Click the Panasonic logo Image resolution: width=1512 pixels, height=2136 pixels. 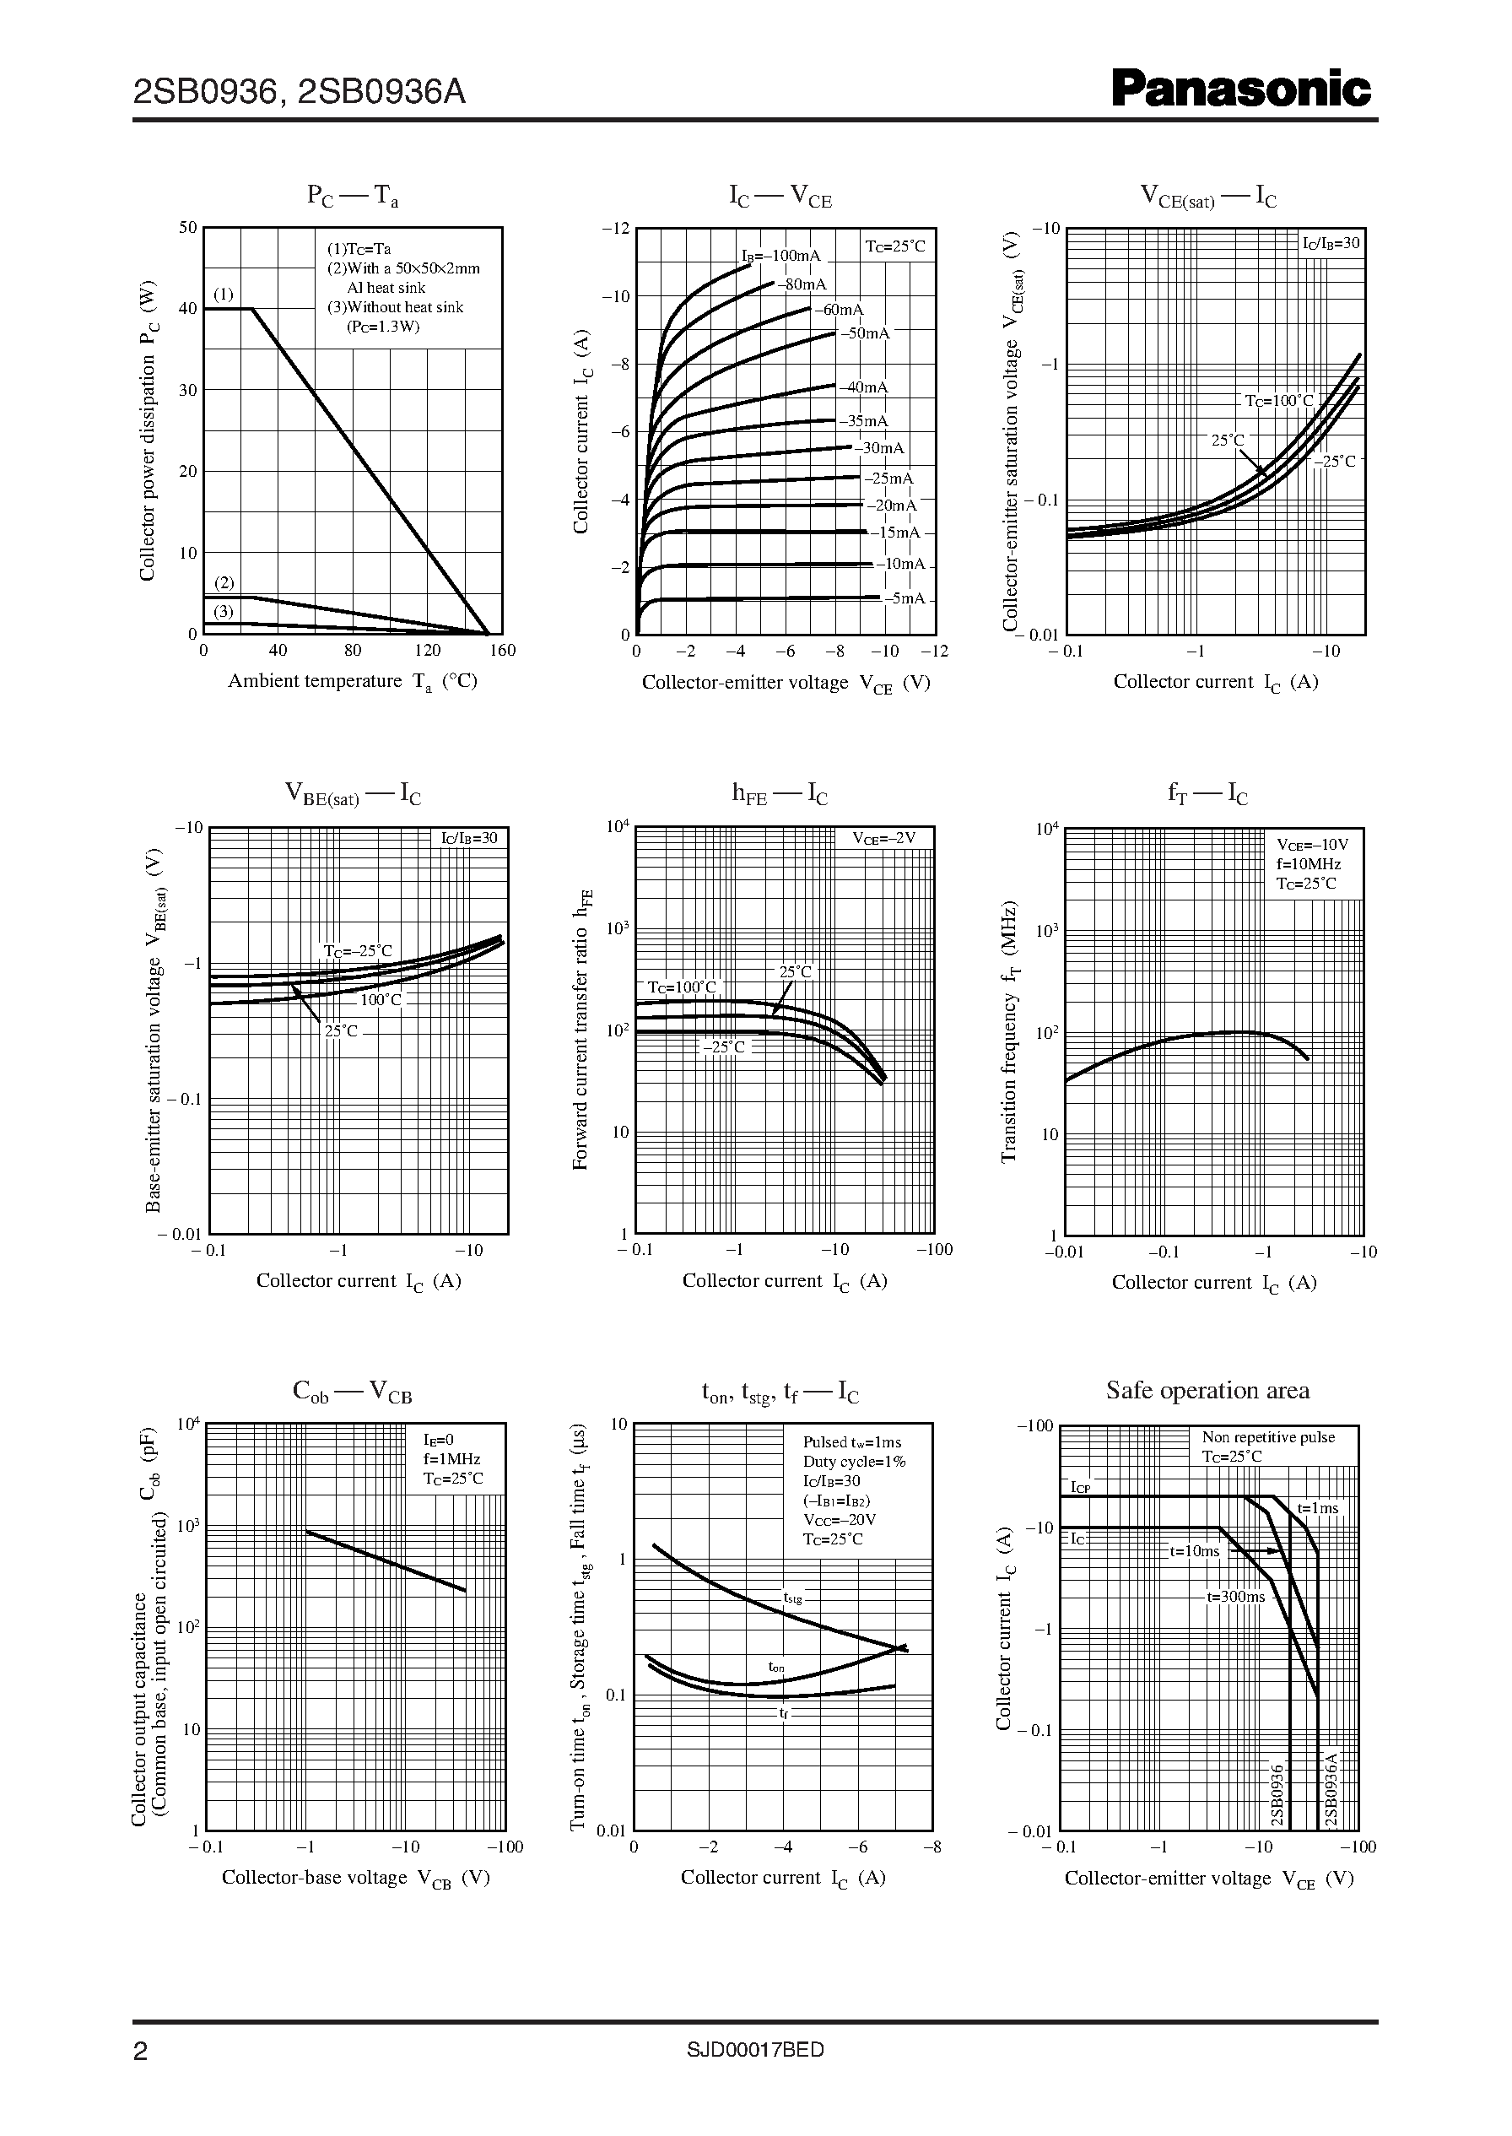pyautogui.click(x=1242, y=90)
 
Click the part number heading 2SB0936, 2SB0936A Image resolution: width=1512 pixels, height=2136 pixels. pyautogui.click(x=299, y=92)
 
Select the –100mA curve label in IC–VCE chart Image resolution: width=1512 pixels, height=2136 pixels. pyautogui.click(x=781, y=256)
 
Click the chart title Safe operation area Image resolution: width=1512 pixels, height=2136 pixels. pyautogui.click(x=1207, y=1390)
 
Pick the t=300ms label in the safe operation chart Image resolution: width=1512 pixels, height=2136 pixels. pyautogui.click(x=1235, y=1596)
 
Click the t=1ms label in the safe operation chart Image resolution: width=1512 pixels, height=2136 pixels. pyautogui.click(x=1317, y=1507)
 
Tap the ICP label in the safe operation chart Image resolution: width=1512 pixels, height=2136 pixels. pyautogui.click(x=1080, y=1487)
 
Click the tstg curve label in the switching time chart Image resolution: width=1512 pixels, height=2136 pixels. pyautogui.click(x=792, y=1598)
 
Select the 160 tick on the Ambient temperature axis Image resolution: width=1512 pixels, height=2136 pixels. pyautogui.click(x=503, y=651)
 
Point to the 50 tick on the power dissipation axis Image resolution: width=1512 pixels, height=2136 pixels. pyautogui.click(x=188, y=227)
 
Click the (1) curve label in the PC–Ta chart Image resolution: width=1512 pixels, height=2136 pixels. pyautogui.click(x=224, y=295)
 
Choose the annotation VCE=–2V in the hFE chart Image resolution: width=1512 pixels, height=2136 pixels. pyautogui.click(x=884, y=838)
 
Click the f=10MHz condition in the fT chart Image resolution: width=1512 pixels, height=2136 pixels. pyautogui.click(x=1308, y=864)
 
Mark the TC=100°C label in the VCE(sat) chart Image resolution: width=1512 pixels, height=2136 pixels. pyautogui.click(x=1279, y=400)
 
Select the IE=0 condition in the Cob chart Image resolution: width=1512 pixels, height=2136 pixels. pyautogui.click(x=439, y=1441)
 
